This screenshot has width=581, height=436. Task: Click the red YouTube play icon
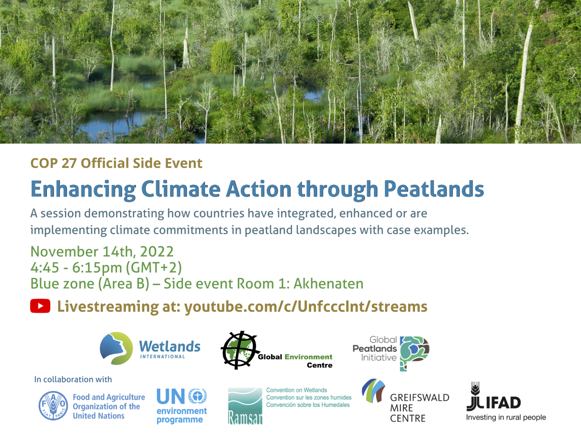pos(40,306)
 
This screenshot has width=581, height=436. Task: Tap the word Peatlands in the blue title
pos(434,189)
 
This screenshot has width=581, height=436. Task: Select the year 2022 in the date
pos(157,251)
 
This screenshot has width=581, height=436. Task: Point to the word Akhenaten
pos(328,283)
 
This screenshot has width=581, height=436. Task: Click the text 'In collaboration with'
pos(73,379)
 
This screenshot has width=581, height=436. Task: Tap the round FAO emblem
pos(53,405)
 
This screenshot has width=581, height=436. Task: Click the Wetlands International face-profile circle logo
pos(116,348)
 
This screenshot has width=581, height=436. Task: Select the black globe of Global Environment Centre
pos(240,350)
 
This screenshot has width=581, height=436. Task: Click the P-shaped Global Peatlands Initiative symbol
pos(414,353)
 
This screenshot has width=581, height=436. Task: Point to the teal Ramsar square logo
pos(245,406)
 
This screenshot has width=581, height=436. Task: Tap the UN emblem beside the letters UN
pos(198,396)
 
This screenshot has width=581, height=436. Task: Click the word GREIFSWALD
pos(420,398)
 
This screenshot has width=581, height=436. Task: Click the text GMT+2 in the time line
pos(153,267)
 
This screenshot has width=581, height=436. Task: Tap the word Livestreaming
pos(108,307)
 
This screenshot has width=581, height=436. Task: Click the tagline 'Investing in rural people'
pos(506,418)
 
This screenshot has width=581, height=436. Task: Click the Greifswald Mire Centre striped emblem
pos(373,390)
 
